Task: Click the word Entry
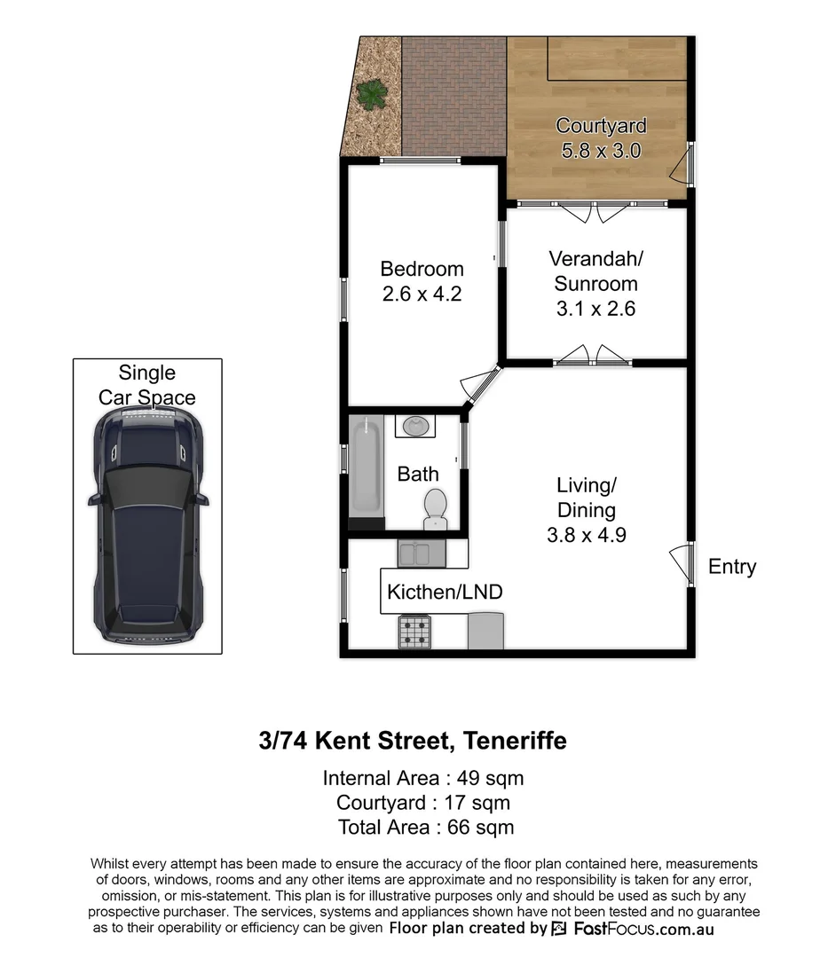pos(732,567)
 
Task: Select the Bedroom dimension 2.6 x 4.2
pos(422,294)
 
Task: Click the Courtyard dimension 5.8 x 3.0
pos(601,150)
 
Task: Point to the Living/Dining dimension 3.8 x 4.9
pos(586,535)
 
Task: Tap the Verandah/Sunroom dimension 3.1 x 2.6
pos(595,309)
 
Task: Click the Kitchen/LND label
pos(445,592)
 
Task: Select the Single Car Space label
pos(147,385)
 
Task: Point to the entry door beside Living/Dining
pos(682,561)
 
